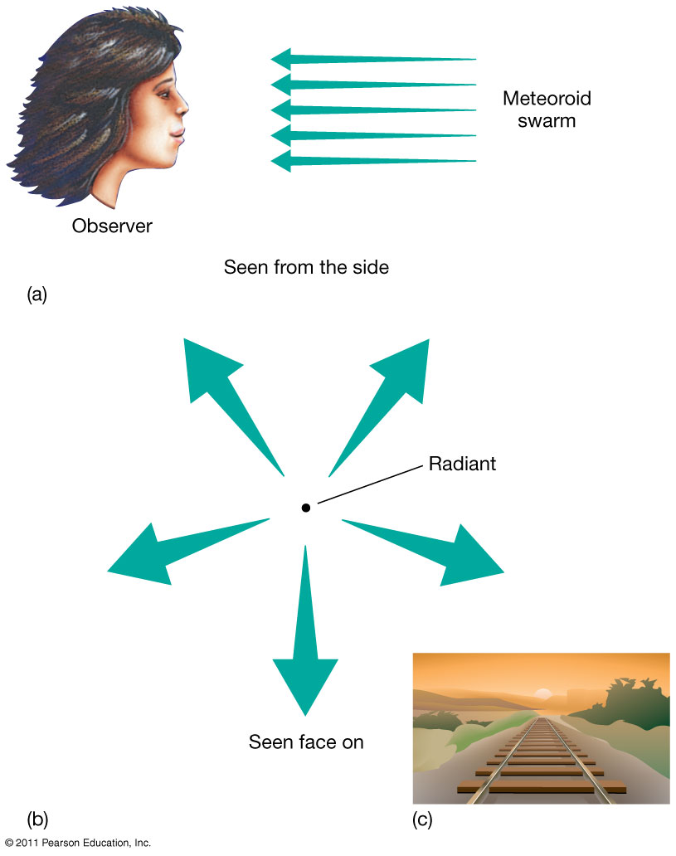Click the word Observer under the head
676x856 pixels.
(x=112, y=226)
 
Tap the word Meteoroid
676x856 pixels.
(x=547, y=100)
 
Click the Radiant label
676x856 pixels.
(x=462, y=464)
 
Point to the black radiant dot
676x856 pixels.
(x=305, y=508)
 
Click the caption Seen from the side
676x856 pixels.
(x=306, y=268)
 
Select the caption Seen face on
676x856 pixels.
(x=306, y=742)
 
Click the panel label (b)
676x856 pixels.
(x=38, y=820)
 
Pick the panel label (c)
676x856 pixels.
(x=422, y=820)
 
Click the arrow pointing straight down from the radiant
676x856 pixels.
(x=305, y=647)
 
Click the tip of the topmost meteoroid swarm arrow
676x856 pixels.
(x=274, y=58)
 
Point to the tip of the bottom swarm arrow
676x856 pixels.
(x=274, y=160)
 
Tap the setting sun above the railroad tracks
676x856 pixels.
(x=543, y=693)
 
